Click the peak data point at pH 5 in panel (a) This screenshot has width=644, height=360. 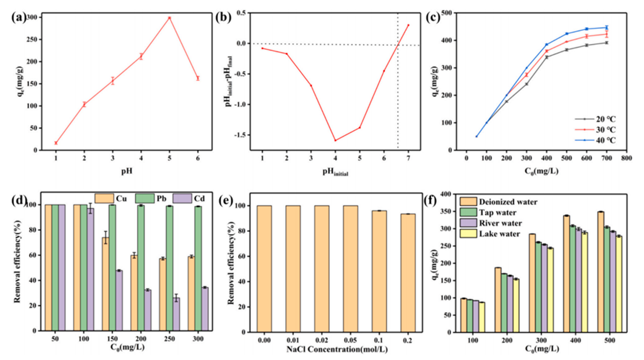pos(169,18)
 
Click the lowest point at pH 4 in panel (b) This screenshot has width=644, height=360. pos(335,140)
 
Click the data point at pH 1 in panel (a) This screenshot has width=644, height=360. pos(56,143)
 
